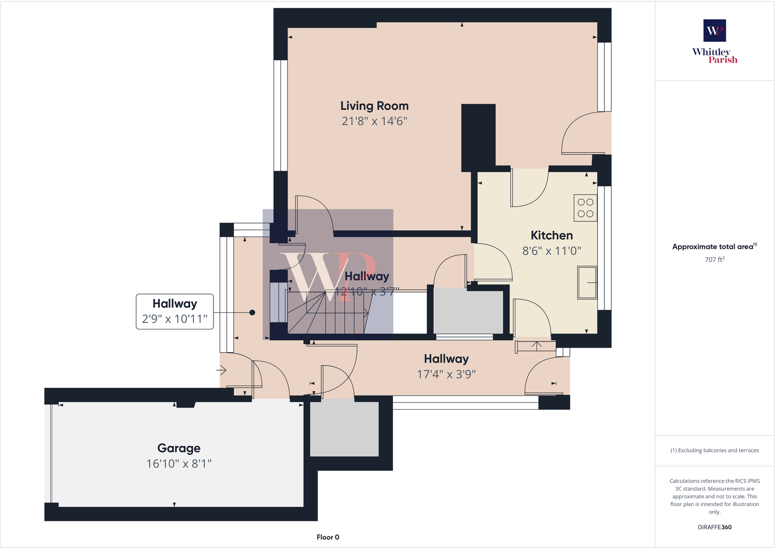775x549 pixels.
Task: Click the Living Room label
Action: [374, 106]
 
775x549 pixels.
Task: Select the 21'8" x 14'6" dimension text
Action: [374, 121]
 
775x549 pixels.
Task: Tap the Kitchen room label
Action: [551, 236]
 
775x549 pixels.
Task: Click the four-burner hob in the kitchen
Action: [585, 208]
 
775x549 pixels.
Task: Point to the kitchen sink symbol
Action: [587, 282]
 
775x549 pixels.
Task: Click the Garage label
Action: [179, 448]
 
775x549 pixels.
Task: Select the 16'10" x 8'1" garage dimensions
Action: [179, 464]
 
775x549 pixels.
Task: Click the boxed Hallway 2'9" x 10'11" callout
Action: [174, 311]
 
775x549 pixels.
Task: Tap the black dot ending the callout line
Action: [252, 313]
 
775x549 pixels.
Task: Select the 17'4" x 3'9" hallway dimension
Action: [446, 375]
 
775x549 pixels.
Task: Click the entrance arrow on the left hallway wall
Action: [222, 371]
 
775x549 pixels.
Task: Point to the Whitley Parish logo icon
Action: [714, 31]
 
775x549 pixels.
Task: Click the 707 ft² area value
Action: [714, 260]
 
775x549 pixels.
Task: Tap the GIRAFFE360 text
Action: [714, 527]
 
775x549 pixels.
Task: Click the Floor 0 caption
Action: [328, 537]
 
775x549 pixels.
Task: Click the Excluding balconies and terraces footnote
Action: [714, 451]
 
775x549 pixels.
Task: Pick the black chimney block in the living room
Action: [478, 136]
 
